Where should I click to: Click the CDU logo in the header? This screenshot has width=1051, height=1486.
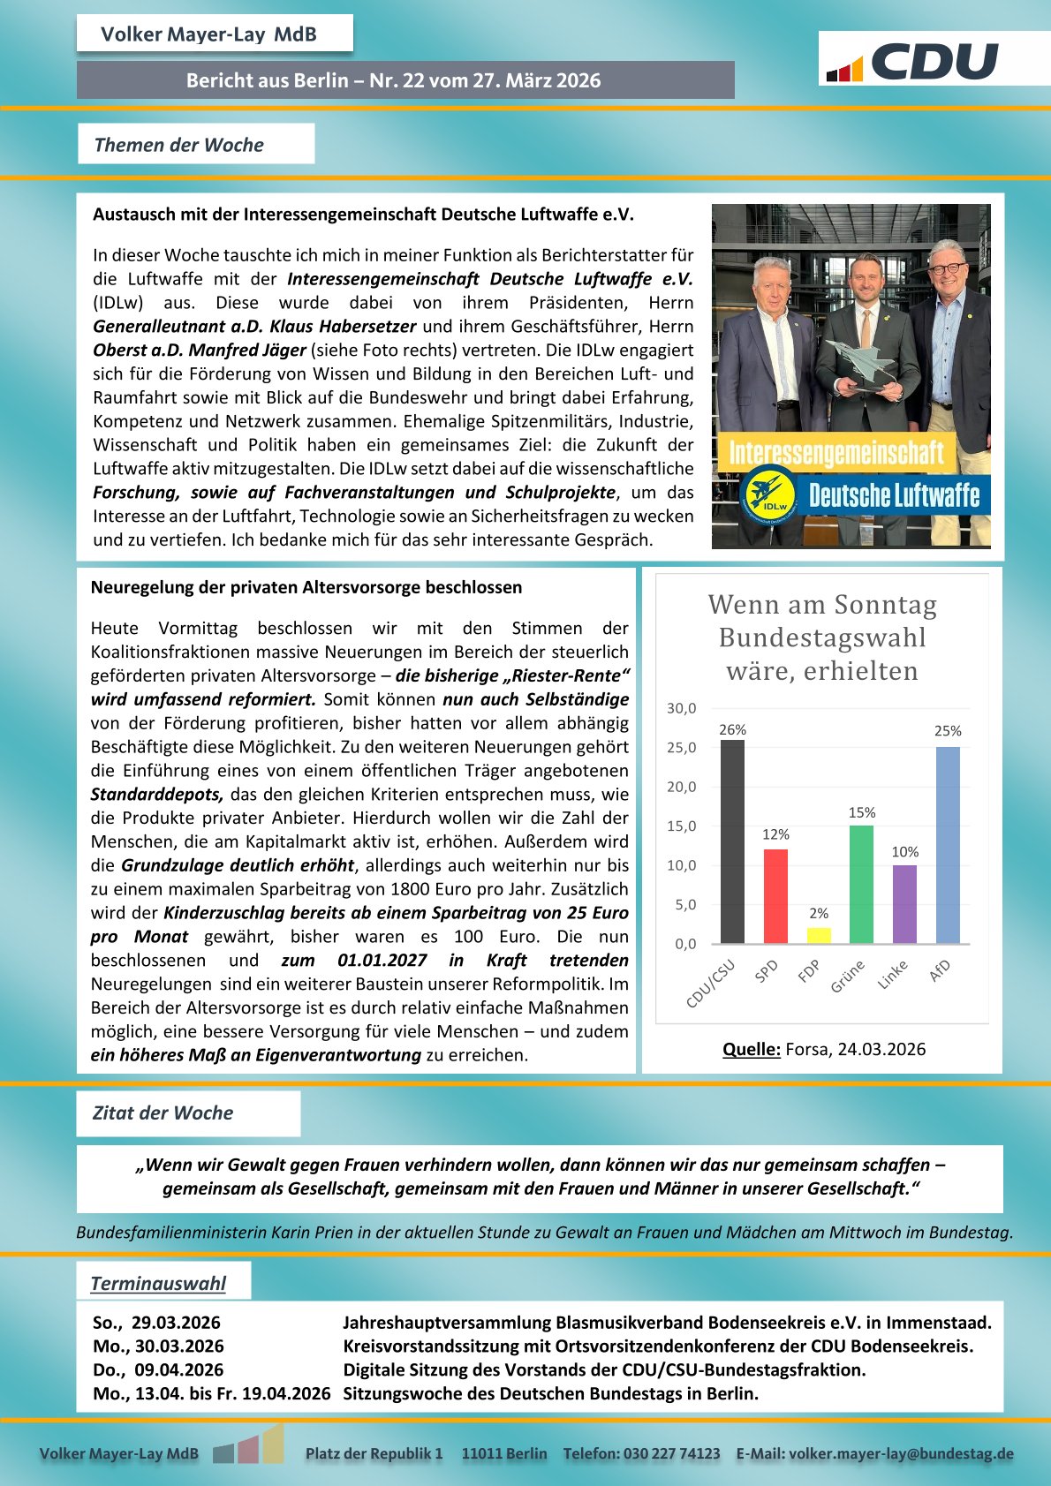pyautogui.click(x=913, y=61)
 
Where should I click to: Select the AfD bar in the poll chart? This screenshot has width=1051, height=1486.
pyautogui.click(x=948, y=845)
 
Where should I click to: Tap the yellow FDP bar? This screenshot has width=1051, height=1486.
pyautogui.click(x=819, y=935)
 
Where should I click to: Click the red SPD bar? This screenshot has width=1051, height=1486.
pyautogui.click(x=775, y=896)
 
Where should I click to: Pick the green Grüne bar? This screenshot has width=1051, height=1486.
pyautogui.click(x=861, y=884)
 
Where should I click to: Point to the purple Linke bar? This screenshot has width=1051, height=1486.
pyautogui.click(x=904, y=904)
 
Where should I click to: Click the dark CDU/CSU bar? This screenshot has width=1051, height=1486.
pyautogui.click(x=732, y=841)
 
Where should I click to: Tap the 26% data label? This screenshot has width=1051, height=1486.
pyautogui.click(x=732, y=729)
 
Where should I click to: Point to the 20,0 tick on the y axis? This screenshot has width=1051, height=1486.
pyautogui.click(x=681, y=787)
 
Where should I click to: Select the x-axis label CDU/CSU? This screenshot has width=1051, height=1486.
pyautogui.click(x=711, y=984)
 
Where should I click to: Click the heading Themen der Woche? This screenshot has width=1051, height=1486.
pyautogui.click(x=179, y=145)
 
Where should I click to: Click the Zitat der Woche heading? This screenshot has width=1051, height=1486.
pyautogui.click(x=163, y=1113)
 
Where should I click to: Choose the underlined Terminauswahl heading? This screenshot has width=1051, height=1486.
pyautogui.click(x=158, y=1283)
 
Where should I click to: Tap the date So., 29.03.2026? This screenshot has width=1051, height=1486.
pyautogui.click(x=157, y=1323)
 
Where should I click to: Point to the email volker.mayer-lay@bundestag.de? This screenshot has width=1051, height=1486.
pyautogui.click(x=901, y=1453)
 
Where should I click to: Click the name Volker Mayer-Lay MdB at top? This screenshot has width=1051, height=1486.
pyautogui.click(x=208, y=34)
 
